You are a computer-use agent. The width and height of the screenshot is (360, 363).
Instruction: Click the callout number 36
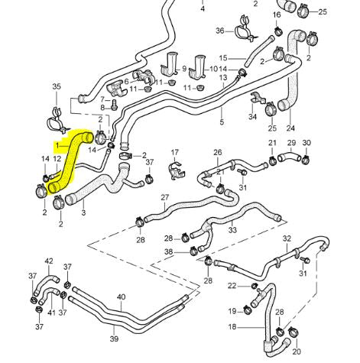point(219,31)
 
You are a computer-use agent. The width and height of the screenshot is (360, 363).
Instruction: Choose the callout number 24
point(290,128)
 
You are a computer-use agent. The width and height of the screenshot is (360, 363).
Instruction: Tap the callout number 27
point(164,198)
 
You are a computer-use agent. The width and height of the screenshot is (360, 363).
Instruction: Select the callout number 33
point(232,230)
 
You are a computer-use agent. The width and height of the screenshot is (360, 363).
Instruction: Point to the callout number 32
point(287,239)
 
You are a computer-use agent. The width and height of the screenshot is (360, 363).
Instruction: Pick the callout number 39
point(114,339)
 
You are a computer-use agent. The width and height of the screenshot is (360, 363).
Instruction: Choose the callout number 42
point(49,261)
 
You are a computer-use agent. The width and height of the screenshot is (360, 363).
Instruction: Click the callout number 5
point(221,122)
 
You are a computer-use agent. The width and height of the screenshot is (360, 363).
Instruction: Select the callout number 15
point(222,58)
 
